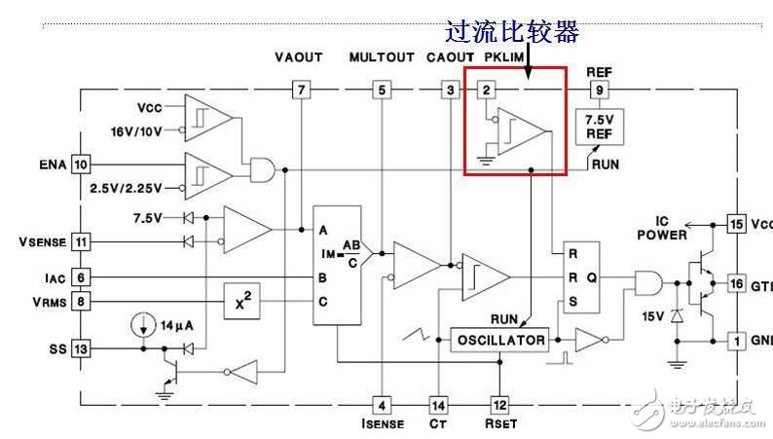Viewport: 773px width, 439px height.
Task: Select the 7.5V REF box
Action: click(x=596, y=127)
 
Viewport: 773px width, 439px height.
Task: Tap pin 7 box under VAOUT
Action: click(x=302, y=91)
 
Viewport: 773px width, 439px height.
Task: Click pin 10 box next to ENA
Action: click(x=80, y=165)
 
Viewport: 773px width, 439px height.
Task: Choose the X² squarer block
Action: click(x=243, y=302)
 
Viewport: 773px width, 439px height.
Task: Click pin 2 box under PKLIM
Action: click(x=487, y=91)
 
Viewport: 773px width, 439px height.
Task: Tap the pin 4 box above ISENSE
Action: click(x=382, y=404)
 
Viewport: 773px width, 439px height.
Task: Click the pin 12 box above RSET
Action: click(x=499, y=404)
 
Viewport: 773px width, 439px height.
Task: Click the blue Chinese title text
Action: click(x=511, y=32)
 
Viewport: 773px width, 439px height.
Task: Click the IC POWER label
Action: click(x=662, y=229)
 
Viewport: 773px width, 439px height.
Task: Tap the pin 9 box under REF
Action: click(x=597, y=91)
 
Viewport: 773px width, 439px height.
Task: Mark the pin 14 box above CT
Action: click(x=439, y=404)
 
